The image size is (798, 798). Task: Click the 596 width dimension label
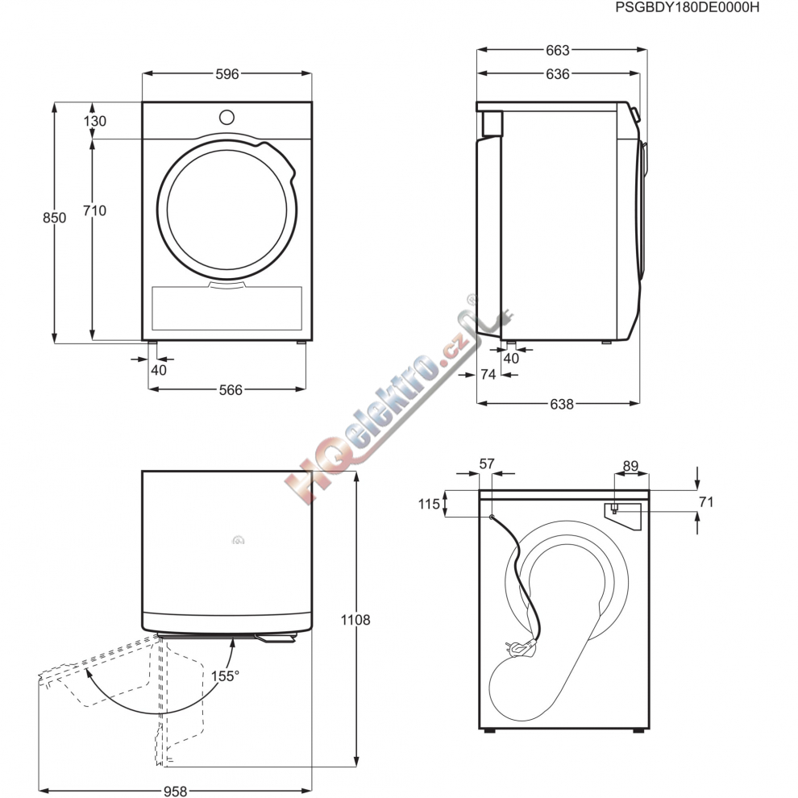[x=227, y=74]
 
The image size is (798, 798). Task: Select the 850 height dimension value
[x=54, y=218]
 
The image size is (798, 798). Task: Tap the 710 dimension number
[x=94, y=210]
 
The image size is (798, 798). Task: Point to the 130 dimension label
[x=94, y=121]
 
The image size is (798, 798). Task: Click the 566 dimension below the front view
[x=231, y=390]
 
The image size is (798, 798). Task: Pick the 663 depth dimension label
[x=557, y=51]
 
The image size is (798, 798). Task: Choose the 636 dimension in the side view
[x=557, y=74]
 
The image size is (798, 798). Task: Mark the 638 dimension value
[x=561, y=404]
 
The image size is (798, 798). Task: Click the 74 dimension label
[x=488, y=375]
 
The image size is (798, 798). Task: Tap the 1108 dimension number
[x=355, y=620]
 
